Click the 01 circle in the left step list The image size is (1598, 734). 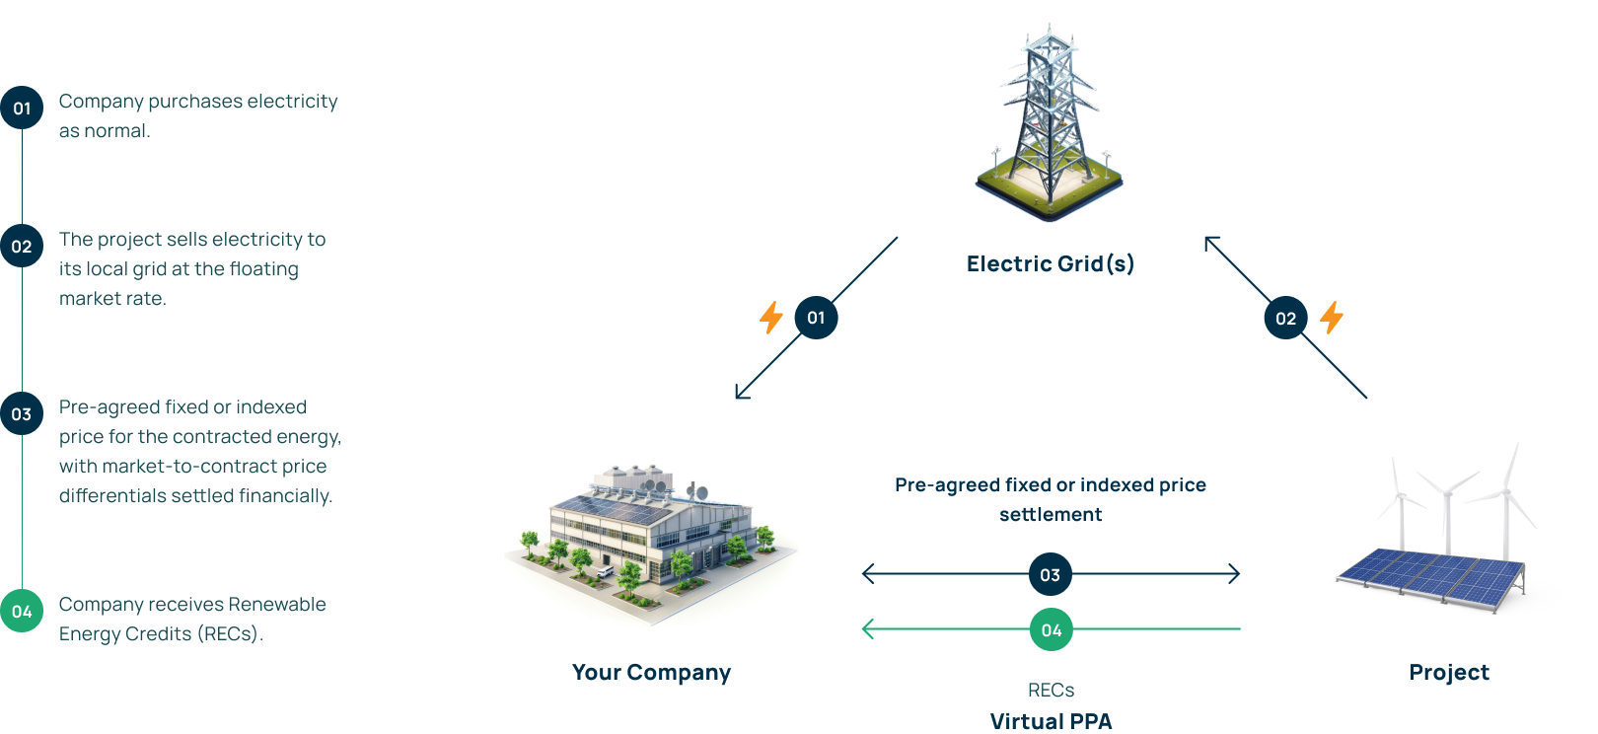click(22, 109)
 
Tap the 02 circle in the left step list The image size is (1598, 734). click(22, 247)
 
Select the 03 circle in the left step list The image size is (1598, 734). click(22, 414)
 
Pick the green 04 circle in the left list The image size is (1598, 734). click(22, 612)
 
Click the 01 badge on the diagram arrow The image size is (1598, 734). click(816, 318)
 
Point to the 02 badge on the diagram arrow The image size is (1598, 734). click(1285, 318)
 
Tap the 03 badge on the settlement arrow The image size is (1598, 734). click(1051, 574)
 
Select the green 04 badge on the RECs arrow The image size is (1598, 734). click(1052, 629)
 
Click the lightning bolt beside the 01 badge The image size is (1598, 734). click(770, 318)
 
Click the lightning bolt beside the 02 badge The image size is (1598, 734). click(1332, 317)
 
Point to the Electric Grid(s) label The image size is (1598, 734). click(1051, 263)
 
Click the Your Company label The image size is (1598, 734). click(651, 673)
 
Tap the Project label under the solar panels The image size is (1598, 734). click(1449, 673)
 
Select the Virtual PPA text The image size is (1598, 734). click(1051, 721)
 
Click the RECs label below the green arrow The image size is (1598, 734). click(1051, 690)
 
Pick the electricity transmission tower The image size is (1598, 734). click(1049, 118)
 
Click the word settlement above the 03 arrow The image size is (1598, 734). click(1051, 515)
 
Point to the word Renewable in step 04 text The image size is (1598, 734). click(277, 605)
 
